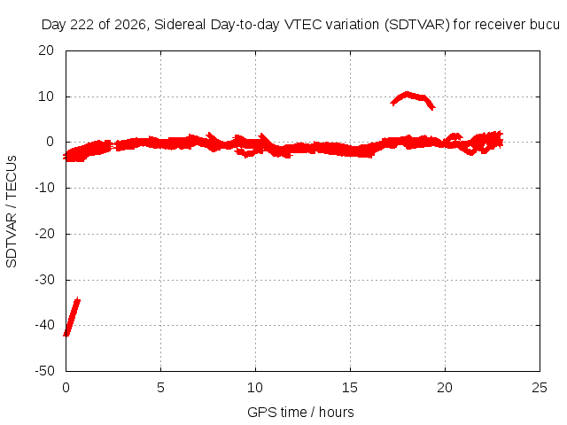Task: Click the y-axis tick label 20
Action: pos(46,50)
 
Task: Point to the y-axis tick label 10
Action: pos(46,97)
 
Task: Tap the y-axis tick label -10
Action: pos(44,188)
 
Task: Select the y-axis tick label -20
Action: pos(44,234)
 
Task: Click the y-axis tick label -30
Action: pos(44,280)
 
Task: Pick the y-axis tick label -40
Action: pos(44,325)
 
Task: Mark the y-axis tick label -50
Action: pos(44,371)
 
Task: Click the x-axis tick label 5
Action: pos(160,388)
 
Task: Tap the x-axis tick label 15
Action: pos(350,388)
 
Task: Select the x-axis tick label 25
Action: pos(540,388)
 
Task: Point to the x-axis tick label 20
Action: pos(445,388)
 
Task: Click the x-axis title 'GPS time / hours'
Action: pos(300,413)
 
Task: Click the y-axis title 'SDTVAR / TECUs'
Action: pos(12,212)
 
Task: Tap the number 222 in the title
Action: pos(82,25)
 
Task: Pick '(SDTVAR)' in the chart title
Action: pos(416,25)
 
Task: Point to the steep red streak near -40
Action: pos(72,317)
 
